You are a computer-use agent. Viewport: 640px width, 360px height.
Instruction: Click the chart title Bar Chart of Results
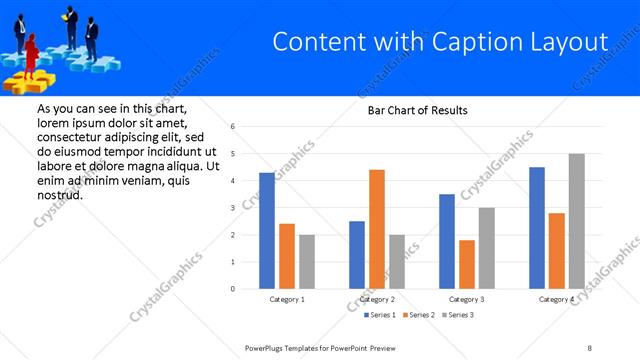click(411, 110)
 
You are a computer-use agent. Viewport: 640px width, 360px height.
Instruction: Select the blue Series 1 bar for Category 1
click(266, 230)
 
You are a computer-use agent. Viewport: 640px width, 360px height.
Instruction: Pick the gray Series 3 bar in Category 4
click(576, 221)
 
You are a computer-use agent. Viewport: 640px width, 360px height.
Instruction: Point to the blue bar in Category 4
click(536, 228)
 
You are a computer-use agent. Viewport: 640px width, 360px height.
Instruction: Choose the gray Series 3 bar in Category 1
click(306, 262)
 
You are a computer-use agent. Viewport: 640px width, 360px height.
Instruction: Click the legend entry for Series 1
click(379, 316)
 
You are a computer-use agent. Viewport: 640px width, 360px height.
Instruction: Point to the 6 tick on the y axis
click(232, 127)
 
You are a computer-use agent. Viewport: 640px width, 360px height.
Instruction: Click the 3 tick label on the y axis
click(232, 208)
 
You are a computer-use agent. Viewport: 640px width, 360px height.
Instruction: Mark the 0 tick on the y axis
click(232, 289)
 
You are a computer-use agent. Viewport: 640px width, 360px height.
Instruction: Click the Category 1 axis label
click(287, 299)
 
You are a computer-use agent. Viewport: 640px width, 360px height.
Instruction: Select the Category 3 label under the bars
click(467, 299)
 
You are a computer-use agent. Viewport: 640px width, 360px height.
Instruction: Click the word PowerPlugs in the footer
click(267, 347)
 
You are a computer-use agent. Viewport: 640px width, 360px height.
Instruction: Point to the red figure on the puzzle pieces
click(31, 52)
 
